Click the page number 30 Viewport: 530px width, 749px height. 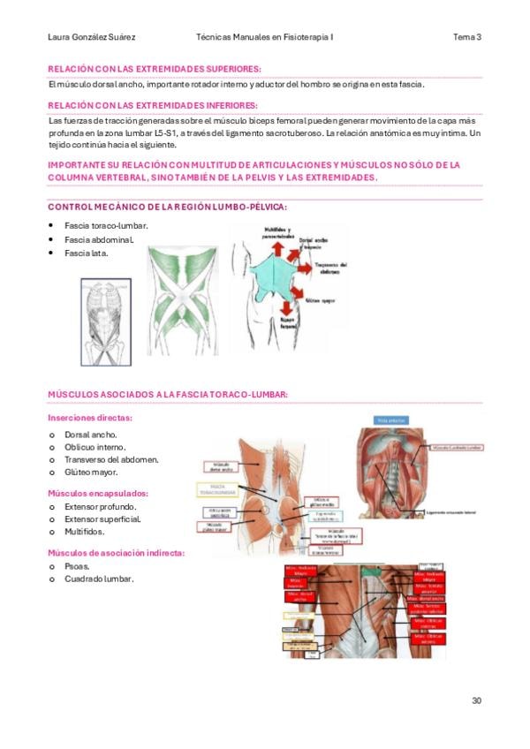coord(476,700)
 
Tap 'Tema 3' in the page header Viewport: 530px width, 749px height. coord(467,37)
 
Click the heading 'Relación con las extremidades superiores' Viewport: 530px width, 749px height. coord(155,68)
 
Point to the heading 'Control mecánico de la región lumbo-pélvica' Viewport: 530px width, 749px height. coord(167,207)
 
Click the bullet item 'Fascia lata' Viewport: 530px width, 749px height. coord(86,253)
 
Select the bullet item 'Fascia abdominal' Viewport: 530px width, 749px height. coord(99,239)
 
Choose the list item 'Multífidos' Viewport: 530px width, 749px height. coord(85,532)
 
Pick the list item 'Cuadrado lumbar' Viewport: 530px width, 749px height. coord(99,579)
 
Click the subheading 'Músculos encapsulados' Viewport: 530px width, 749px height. coord(97,494)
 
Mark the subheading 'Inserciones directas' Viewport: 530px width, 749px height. coord(89,418)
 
